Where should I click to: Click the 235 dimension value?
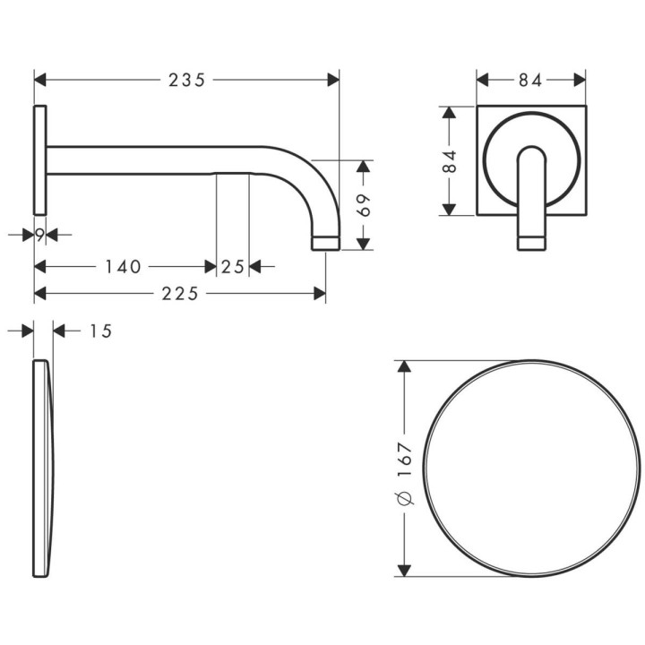(x=187, y=80)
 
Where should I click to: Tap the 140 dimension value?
(x=123, y=266)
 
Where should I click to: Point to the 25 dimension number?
(x=233, y=266)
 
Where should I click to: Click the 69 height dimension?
(x=363, y=205)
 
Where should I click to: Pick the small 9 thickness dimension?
(x=40, y=235)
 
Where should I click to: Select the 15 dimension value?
(x=100, y=331)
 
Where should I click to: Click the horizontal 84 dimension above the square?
(x=530, y=81)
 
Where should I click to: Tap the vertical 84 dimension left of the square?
(x=450, y=161)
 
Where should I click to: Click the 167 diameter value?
(x=405, y=457)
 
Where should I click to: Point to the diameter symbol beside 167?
(x=405, y=498)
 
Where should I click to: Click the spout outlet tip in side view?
(x=325, y=242)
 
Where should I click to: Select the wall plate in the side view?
(x=40, y=159)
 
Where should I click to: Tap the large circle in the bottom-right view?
(x=531, y=469)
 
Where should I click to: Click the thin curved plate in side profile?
(x=42, y=468)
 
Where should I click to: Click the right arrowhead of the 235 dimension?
(x=334, y=80)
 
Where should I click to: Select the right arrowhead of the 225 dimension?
(x=320, y=292)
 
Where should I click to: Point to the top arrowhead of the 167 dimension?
(x=405, y=367)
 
